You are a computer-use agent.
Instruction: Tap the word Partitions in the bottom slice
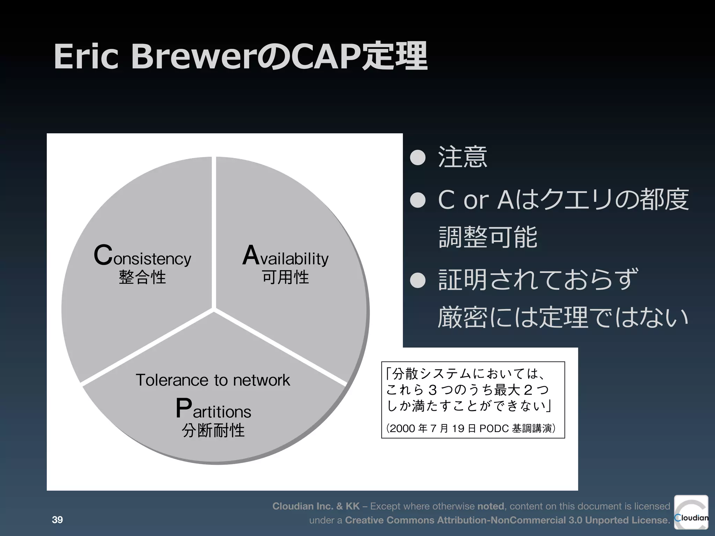(x=213, y=409)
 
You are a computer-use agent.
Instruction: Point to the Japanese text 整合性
(x=142, y=277)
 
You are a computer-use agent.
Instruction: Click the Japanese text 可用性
(x=286, y=277)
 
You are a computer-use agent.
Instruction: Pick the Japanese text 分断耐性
(x=213, y=430)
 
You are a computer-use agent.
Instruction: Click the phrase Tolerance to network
(x=213, y=380)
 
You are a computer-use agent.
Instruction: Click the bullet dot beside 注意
(x=418, y=158)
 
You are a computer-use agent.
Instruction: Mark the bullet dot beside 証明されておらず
(x=418, y=280)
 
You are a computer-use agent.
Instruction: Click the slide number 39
(x=57, y=520)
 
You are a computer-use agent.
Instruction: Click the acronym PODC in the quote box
(x=494, y=428)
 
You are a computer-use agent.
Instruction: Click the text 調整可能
(x=488, y=237)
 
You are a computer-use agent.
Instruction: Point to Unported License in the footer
(x=627, y=520)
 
